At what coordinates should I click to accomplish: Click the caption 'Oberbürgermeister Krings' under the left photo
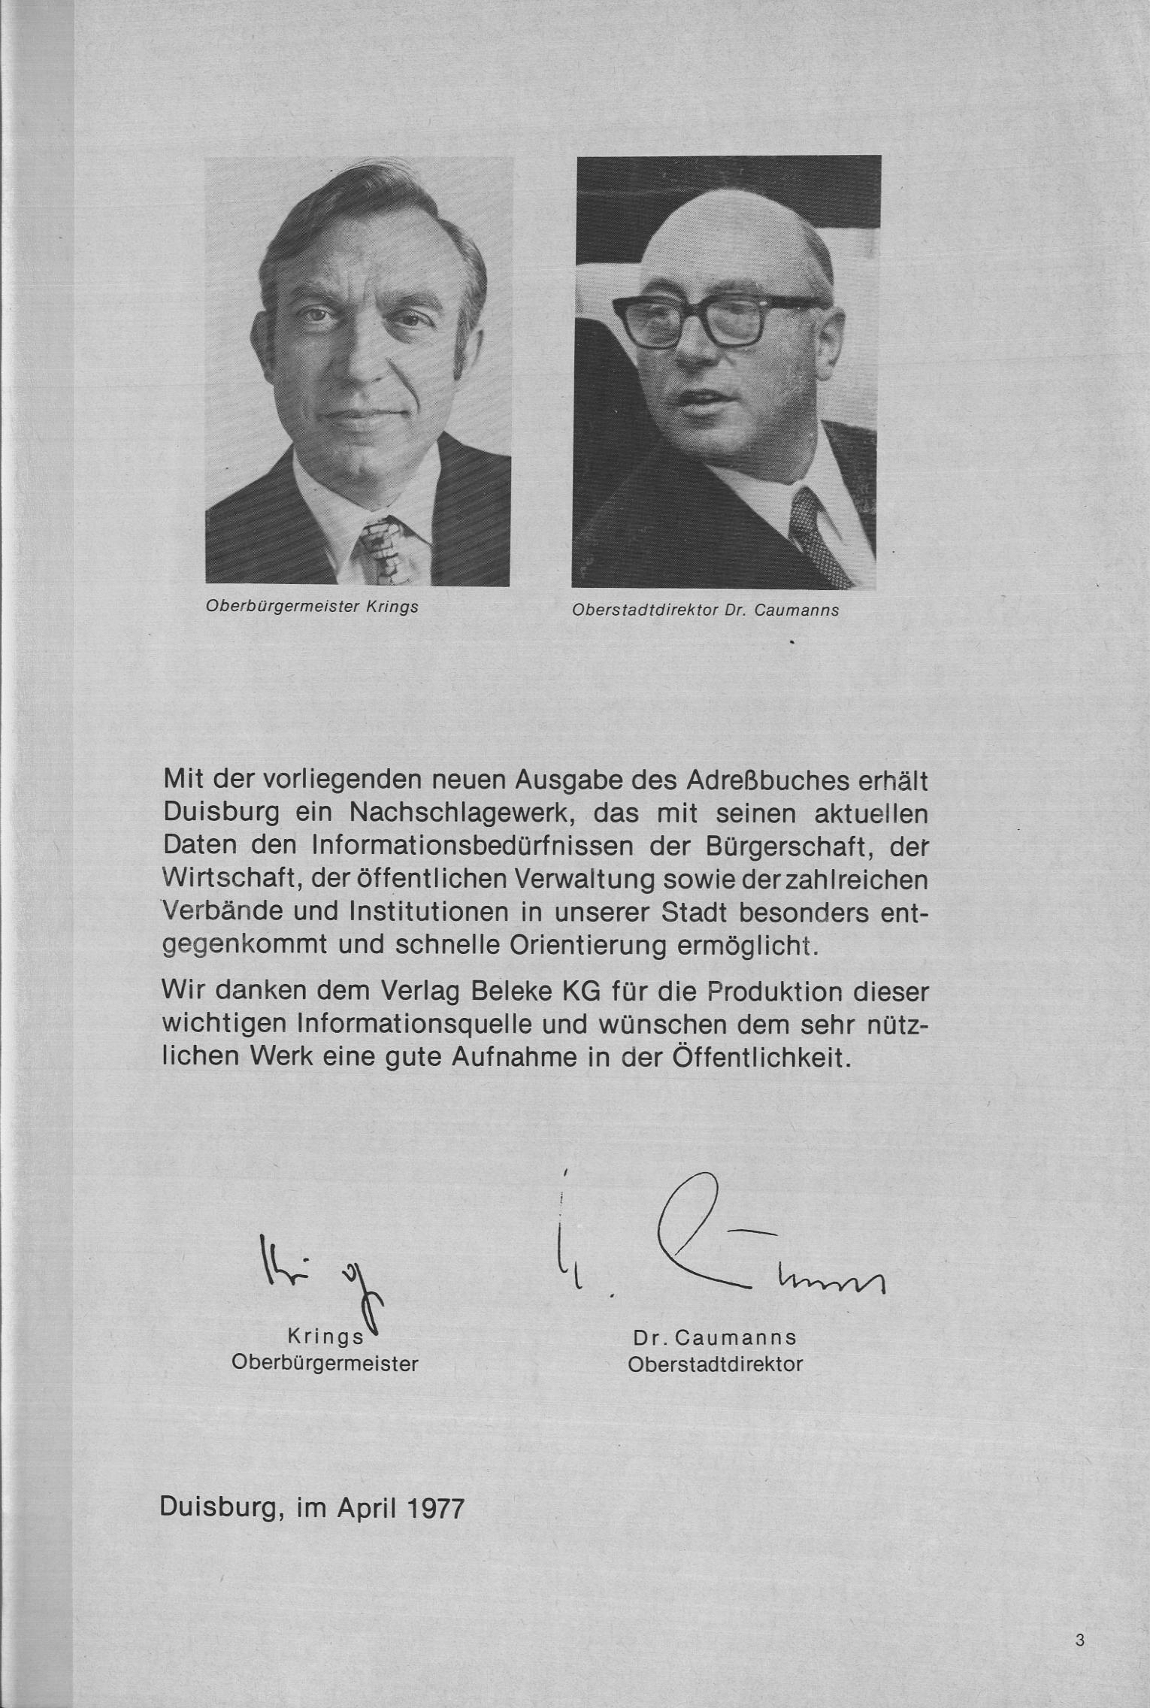click(x=312, y=607)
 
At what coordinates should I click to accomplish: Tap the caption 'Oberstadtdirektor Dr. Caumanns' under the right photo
click(x=705, y=610)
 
